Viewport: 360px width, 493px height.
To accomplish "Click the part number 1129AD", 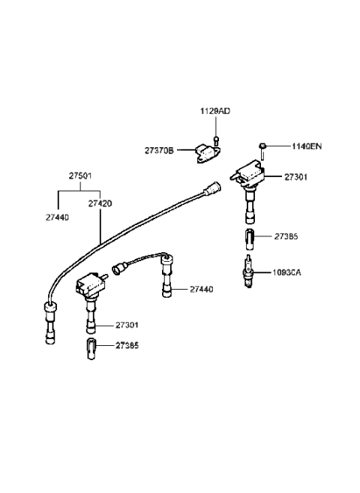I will (x=214, y=111).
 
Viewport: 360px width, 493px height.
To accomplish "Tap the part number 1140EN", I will (x=306, y=146).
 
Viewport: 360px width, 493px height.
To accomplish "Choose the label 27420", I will (x=100, y=203).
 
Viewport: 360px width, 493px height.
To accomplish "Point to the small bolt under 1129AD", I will (x=214, y=140).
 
